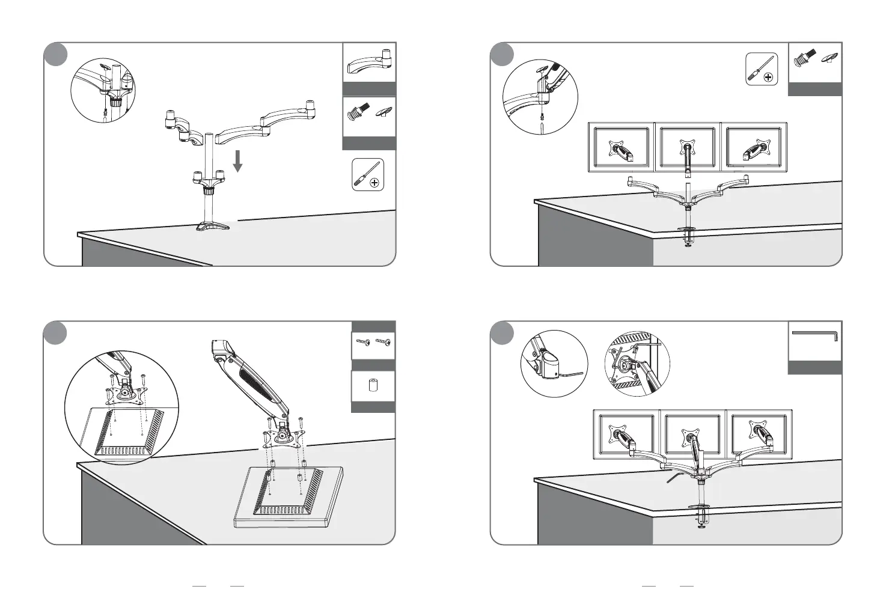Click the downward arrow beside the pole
point(238,161)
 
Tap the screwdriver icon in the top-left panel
point(367,174)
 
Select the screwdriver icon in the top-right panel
point(762,69)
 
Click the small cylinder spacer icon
point(373,386)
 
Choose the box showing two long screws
point(373,345)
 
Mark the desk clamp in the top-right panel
point(687,236)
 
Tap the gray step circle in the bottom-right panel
point(502,333)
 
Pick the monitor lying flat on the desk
point(287,497)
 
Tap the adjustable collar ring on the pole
point(209,191)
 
